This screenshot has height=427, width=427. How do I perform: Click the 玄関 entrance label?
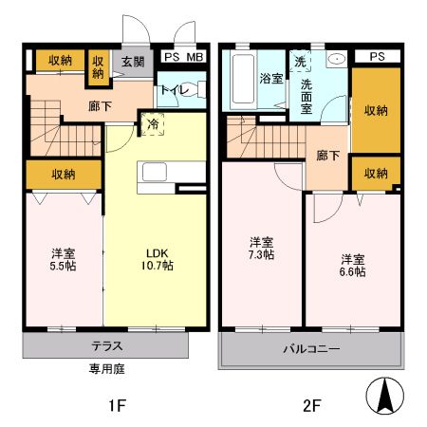[x=132, y=62]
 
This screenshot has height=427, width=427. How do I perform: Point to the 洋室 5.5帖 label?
[x=63, y=259]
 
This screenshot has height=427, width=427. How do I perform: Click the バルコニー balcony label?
[x=310, y=349]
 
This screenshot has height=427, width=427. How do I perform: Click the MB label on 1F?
[x=195, y=57]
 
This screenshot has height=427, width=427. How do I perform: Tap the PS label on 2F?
[x=378, y=57]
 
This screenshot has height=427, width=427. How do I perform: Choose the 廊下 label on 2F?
[x=328, y=156]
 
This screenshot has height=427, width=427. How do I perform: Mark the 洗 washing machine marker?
[x=301, y=62]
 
